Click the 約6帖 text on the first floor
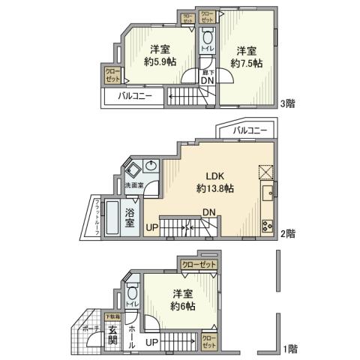183,306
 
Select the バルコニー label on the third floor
133,97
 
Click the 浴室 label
130,217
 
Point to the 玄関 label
112,335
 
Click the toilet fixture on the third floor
206,37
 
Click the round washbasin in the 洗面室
152,166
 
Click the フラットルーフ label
97,217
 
